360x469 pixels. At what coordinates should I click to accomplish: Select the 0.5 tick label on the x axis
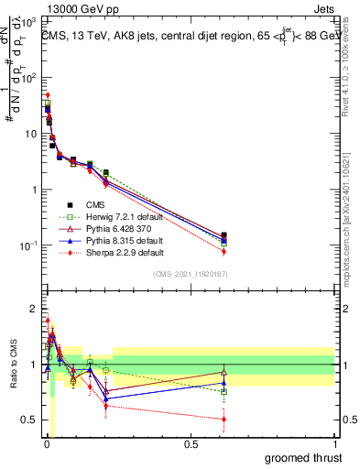point(191,444)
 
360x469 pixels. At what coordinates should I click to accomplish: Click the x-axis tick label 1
point(334,444)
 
